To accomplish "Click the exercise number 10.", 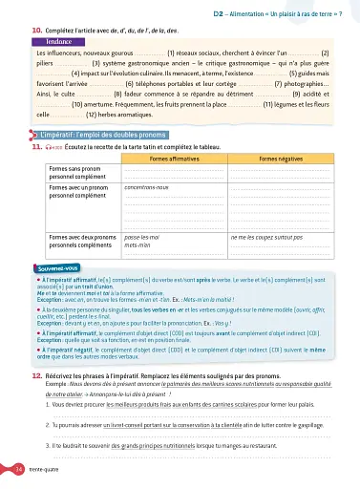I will click(x=36, y=32).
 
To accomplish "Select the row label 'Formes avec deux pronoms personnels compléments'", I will click(x=82, y=238).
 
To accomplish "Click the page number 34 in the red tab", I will click(x=20, y=470).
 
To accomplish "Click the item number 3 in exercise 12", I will click(x=49, y=446).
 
